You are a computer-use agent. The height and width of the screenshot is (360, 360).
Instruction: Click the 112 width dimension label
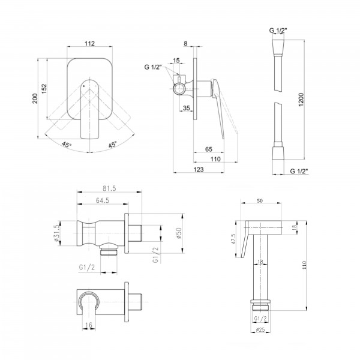coord(89,43)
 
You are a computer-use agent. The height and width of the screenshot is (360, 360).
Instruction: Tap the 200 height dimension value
coord(35,98)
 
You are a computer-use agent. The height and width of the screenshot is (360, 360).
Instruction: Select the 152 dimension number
coord(44,89)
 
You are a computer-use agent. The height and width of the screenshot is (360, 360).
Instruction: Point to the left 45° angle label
coord(67,145)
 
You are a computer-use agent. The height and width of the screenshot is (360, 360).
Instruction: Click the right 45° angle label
coord(113,145)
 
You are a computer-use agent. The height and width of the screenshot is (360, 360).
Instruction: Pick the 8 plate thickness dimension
coord(185,43)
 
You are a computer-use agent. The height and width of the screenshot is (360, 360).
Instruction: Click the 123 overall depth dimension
coord(199,169)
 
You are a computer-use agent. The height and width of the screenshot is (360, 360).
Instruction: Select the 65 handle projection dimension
coord(208,149)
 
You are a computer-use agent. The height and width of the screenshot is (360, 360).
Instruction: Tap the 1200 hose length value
coord(301,100)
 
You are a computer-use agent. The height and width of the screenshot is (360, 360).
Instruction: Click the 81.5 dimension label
coord(109,188)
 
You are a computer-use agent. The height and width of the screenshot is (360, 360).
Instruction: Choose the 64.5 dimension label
coord(103,200)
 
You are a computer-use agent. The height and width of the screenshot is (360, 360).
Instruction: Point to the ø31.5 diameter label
coord(57,233)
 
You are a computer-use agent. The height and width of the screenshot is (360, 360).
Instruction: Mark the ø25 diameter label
coord(260,329)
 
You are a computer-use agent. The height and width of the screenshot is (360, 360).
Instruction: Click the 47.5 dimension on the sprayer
coord(233,239)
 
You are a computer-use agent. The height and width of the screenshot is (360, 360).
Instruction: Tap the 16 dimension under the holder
coord(89,325)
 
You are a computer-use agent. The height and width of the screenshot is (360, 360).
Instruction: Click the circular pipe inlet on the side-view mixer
coord(179,89)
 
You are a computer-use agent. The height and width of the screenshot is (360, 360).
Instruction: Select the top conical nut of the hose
coord(278,48)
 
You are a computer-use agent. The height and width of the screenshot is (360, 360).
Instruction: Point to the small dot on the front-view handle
coord(83,86)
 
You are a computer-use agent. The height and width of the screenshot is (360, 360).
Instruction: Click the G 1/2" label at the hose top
coord(278,31)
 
